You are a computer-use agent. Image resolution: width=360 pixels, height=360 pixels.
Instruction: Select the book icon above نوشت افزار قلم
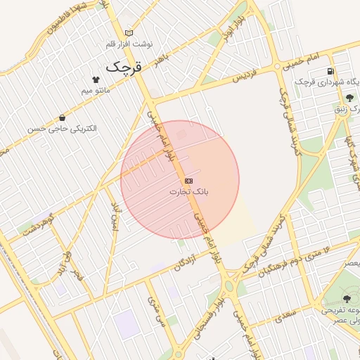coord(128,33)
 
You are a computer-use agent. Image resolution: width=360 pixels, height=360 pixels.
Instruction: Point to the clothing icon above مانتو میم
coord(96,79)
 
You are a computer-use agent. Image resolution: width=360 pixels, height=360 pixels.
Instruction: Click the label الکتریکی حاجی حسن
coord(63,129)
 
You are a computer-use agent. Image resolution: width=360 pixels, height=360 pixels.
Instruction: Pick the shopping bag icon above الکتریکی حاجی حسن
coord(63,118)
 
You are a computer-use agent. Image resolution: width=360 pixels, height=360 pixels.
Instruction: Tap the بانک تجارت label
coord(190,191)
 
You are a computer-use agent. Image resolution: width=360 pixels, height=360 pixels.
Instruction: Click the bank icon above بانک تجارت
coord(188,180)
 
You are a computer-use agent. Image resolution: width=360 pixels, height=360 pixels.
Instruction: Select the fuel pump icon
coord(330,71)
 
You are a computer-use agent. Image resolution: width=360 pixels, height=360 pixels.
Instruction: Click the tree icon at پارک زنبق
coord(349,98)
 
